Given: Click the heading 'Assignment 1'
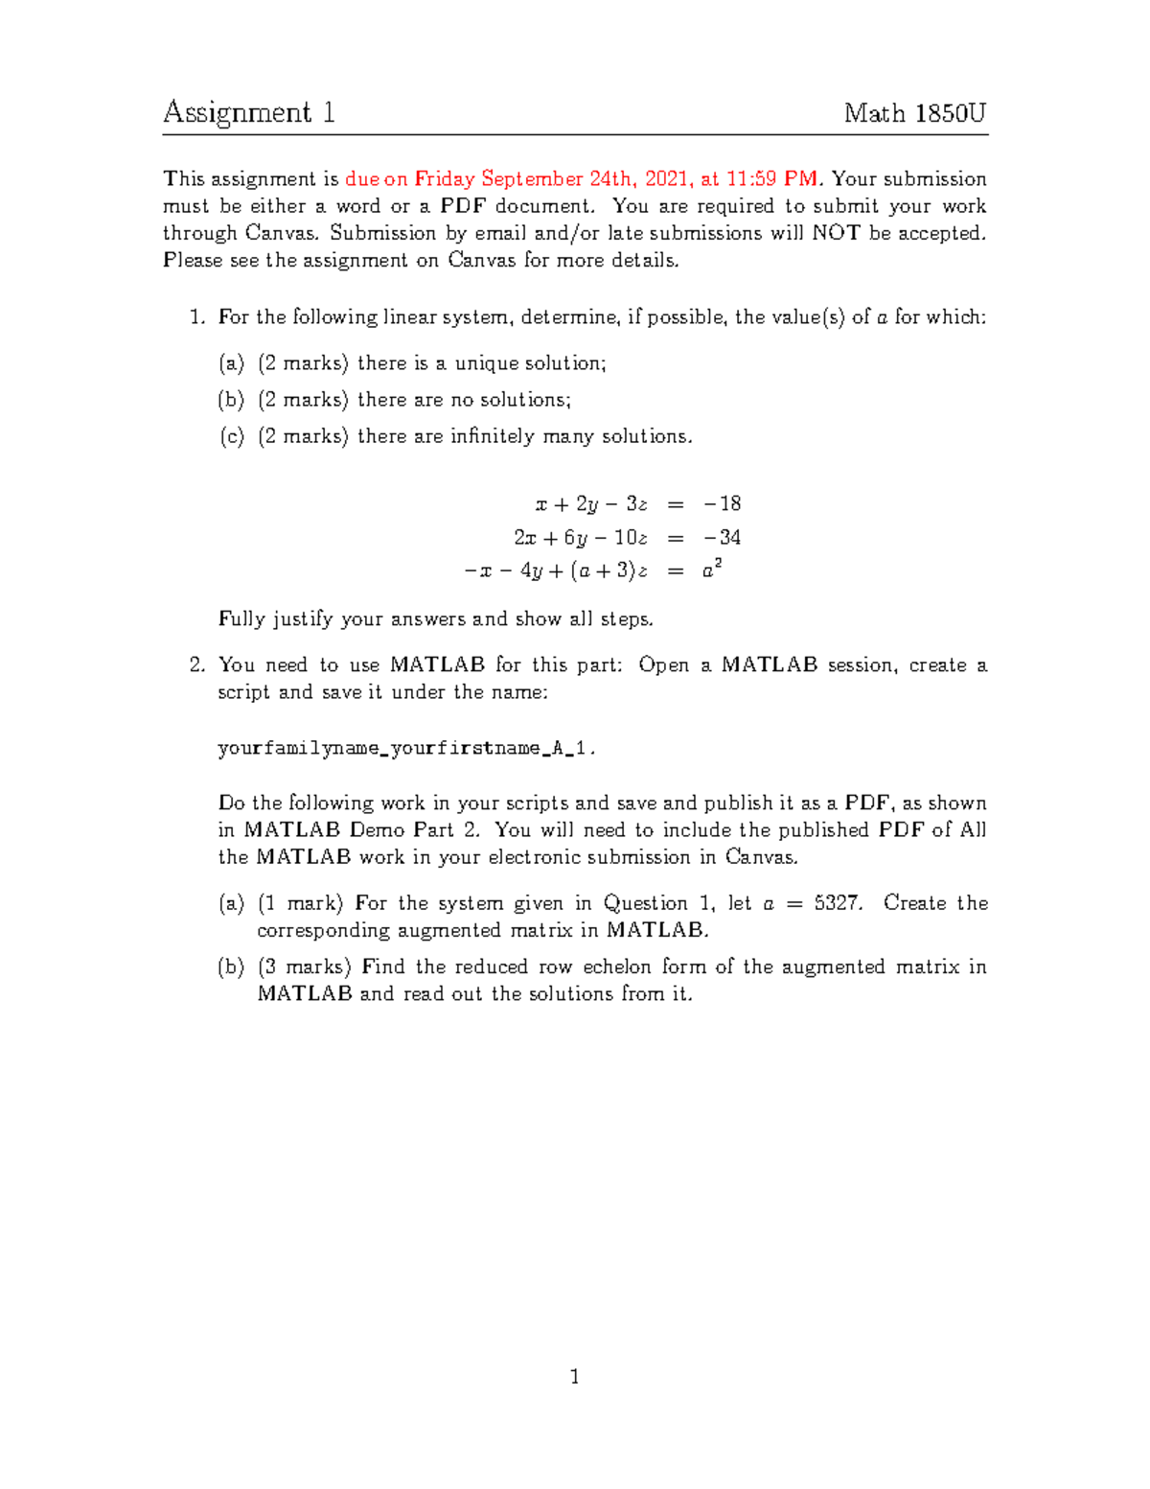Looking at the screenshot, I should (x=248, y=113).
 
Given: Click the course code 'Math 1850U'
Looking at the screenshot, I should (x=914, y=113).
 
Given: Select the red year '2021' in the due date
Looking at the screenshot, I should (x=667, y=179).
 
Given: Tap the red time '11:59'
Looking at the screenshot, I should (x=751, y=179).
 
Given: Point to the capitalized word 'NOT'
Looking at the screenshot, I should (x=836, y=233).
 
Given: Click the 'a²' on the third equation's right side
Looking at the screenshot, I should (x=711, y=570).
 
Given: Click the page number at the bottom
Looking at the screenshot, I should (x=575, y=1378).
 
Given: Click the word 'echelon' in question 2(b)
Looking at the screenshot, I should (x=617, y=966).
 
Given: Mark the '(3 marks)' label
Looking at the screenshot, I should (x=305, y=966).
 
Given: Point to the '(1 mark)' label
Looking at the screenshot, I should (x=301, y=903).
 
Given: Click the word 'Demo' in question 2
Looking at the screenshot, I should (x=377, y=830).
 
